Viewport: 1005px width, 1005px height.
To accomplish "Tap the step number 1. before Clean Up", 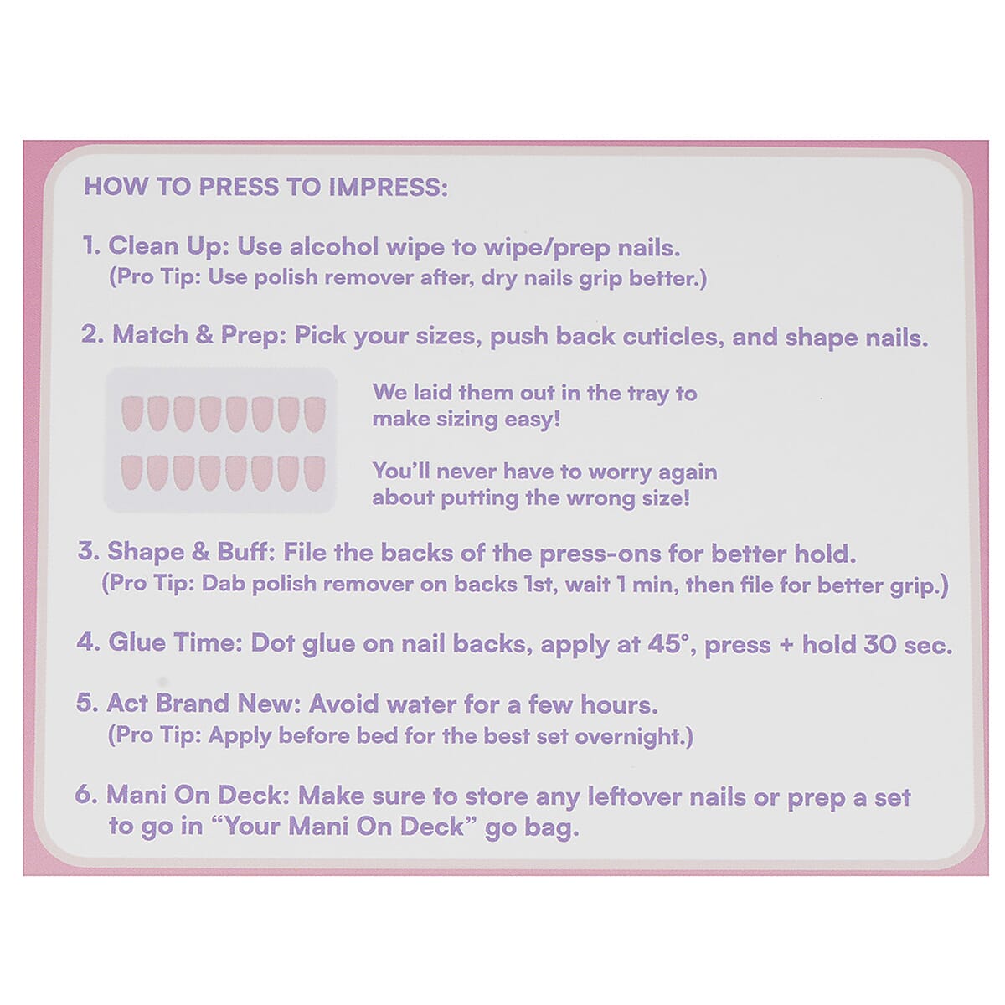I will [x=91, y=245].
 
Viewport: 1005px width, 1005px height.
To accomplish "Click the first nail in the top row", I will [x=132, y=414].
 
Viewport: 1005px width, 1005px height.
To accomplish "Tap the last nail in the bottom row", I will [x=314, y=473].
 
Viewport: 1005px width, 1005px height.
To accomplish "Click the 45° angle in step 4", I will [x=667, y=644].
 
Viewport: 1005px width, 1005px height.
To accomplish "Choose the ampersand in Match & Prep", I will [x=204, y=336].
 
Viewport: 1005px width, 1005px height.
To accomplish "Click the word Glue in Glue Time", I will [x=137, y=643].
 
